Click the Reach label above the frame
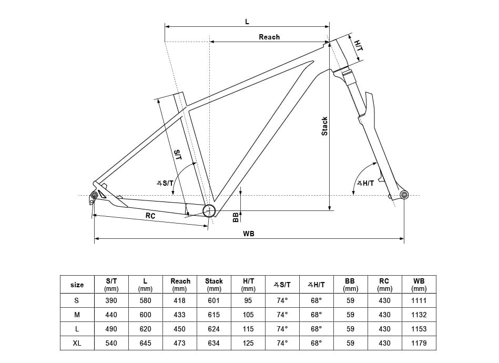pyautogui.click(x=269, y=37)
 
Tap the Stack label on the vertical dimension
pyautogui.click(x=324, y=126)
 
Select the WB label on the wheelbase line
pyautogui.click(x=249, y=234)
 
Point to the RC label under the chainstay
pyautogui.click(x=150, y=216)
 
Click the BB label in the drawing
pyautogui.click(x=236, y=217)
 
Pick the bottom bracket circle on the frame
pyautogui.click(x=209, y=210)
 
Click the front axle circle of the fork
pyautogui.click(x=404, y=195)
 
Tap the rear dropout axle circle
pyautogui.click(x=95, y=195)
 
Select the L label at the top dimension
pyautogui.click(x=247, y=22)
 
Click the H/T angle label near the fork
pyautogui.click(x=365, y=183)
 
